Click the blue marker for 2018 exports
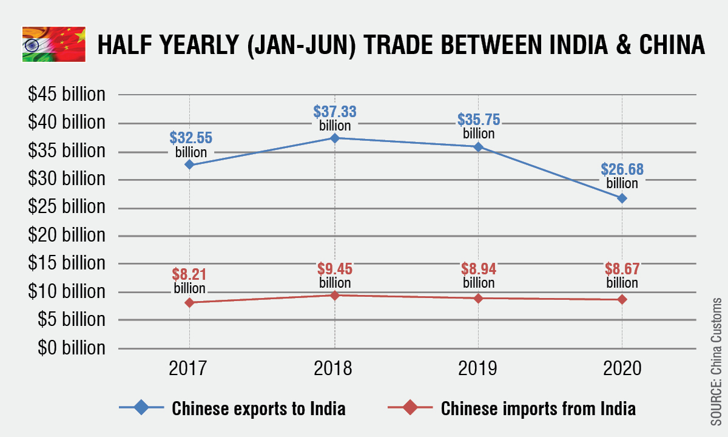[x=334, y=138]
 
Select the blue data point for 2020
[x=622, y=198]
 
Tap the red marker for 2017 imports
[x=190, y=302]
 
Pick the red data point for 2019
[x=478, y=298]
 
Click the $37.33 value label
[x=335, y=112]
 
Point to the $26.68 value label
[x=622, y=170]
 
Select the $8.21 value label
[x=190, y=275]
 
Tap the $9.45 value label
[x=335, y=269]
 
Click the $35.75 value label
[x=479, y=120]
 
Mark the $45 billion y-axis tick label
[x=67, y=95]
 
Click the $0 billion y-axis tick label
[x=71, y=348]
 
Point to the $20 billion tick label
[x=67, y=235]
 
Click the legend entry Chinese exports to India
[x=258, y=408]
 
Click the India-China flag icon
[x=54, y=44]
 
